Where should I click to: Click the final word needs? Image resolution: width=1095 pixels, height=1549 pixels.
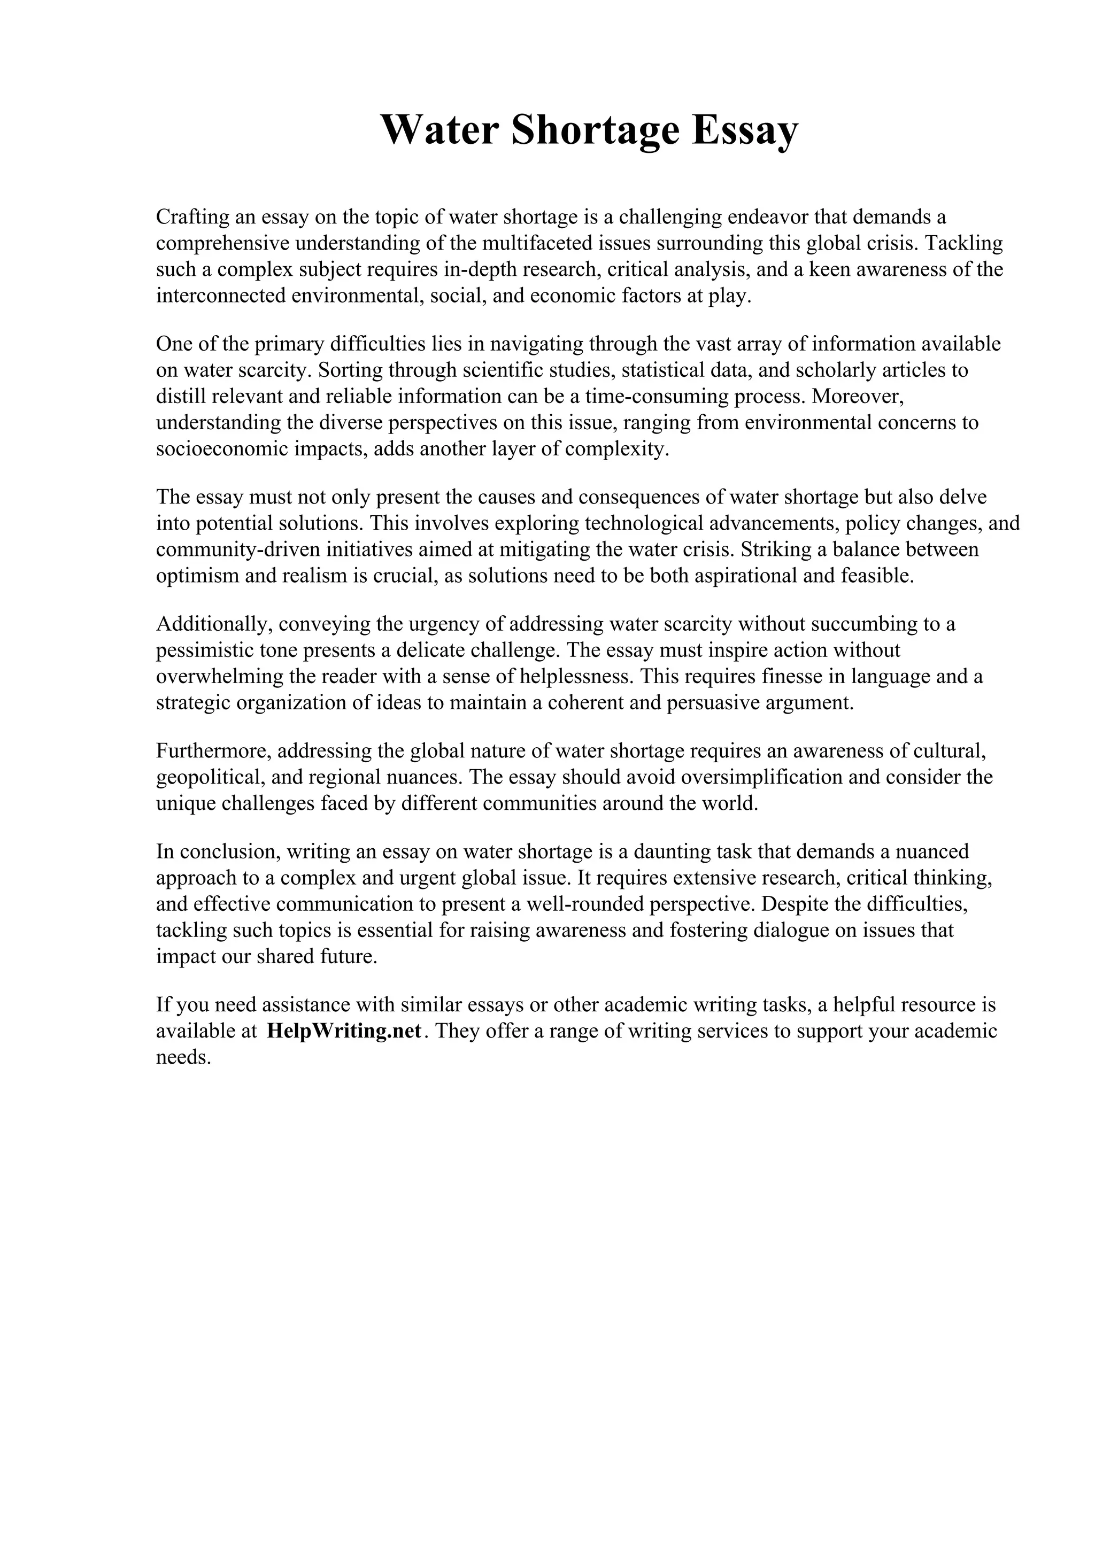183,1057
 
